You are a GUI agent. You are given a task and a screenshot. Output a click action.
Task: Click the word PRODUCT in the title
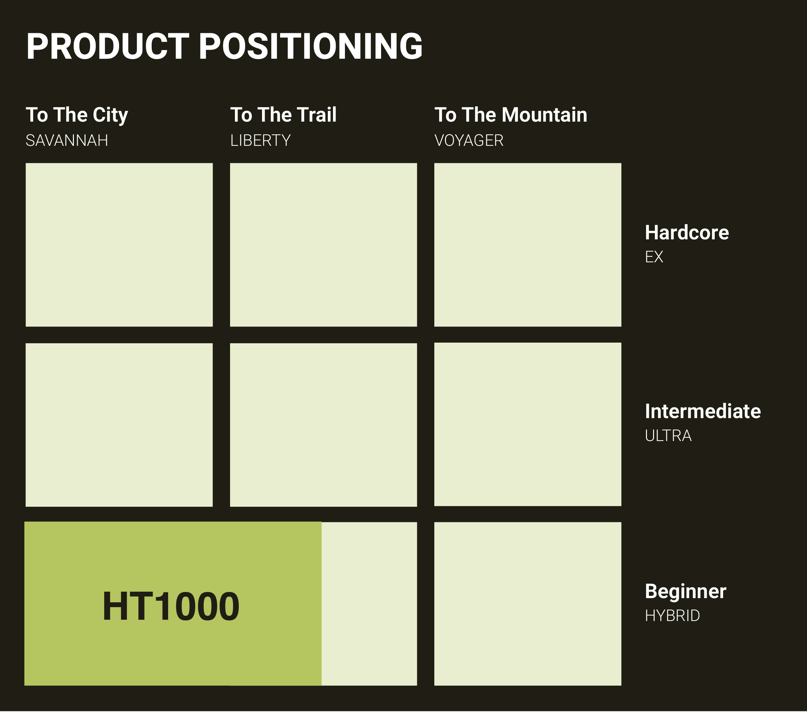coord(108,46)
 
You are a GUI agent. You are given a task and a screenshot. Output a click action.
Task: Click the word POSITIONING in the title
coord(311,46)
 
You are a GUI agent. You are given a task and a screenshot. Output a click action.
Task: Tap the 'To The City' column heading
coord(77,115)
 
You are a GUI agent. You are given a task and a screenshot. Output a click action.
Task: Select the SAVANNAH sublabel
coord(67,141)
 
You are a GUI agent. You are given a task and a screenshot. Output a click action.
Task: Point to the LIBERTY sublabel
coord(261,141)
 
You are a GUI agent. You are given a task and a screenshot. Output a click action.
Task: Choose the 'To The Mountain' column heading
coord(511,115)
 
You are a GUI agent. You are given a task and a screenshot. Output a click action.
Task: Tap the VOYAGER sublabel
coord(469,141)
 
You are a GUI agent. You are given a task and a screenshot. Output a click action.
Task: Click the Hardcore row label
coord(687,233)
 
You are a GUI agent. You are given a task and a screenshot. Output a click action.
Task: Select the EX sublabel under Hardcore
coord(654,257)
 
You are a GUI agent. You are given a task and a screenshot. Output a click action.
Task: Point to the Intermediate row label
coord(703,411)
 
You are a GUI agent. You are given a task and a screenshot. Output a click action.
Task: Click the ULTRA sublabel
coord(668,436)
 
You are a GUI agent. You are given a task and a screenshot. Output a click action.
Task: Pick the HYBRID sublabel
coord(672,616)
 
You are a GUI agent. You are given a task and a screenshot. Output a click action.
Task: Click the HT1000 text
coord(171,607)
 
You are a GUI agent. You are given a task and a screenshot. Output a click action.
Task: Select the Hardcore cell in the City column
coord(119,245)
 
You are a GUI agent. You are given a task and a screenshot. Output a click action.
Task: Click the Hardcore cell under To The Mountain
coord(528,245)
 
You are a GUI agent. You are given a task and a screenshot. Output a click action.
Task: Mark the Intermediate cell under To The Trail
coord(323,425)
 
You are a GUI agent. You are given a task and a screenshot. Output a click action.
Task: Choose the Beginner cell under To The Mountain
coord(528,604)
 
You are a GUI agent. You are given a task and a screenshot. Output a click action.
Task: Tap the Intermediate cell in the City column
coord(119,425)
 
